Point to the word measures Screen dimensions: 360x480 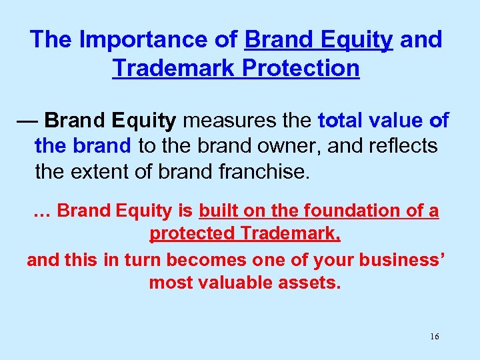[223, 121]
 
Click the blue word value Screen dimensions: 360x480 [398, 121]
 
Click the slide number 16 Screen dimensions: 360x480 [434, 337]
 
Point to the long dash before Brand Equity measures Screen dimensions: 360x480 [28, 121]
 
